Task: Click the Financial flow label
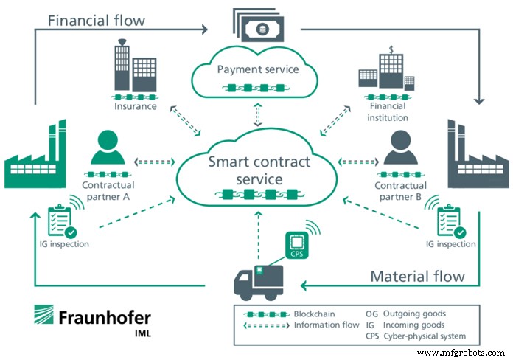click(x=97, y=19)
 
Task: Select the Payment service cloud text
click(x=257, y=70)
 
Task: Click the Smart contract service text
click(x=258, y=170)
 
